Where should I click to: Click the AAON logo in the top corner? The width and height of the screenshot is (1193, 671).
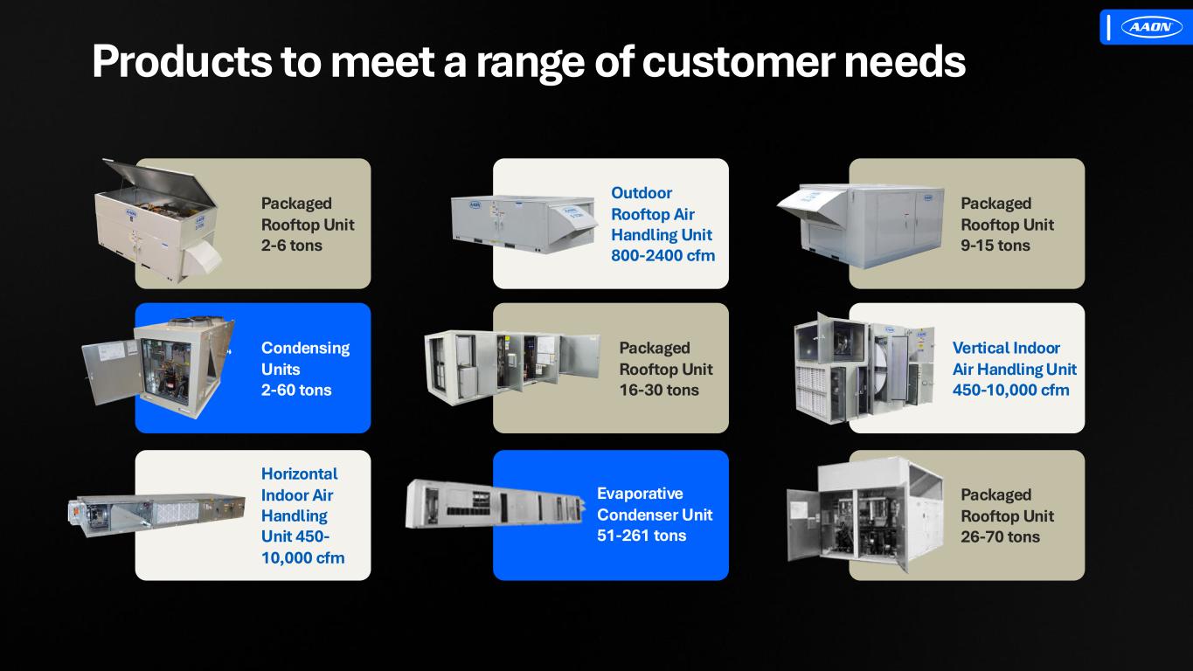[x=1151, y=27]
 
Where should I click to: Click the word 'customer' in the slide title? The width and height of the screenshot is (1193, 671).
[x=739, y=62]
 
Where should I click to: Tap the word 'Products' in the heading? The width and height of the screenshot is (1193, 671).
[x=182, y=62]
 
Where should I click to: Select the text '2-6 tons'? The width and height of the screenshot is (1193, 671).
[x=291, y=246]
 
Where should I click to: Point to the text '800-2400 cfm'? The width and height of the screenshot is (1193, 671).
[x=662, y=256]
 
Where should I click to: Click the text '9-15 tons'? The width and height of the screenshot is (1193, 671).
[x=995, y=246]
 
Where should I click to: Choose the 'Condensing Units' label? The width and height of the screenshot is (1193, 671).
[x=305, y=358]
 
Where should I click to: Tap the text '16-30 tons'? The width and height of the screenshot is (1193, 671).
[x=659, y=390]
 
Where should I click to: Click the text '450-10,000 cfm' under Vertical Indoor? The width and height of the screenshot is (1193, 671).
[x=1010, y=390]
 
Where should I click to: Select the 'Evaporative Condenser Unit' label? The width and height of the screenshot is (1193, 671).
[x=655, y=504]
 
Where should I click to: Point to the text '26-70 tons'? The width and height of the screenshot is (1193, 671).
[x=1000, y=536]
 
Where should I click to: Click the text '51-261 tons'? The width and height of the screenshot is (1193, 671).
[x=642, y=536]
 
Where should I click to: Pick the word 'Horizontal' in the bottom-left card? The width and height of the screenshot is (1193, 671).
[x=299, y=474]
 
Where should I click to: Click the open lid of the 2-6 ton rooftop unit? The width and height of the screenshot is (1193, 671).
[x=160, y=183]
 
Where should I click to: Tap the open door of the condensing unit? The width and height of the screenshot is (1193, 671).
[x=110, y=371]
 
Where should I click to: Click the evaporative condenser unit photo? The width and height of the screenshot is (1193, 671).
[x=496, y=503]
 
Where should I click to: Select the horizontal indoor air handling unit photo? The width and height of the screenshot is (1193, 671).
[x=156, y=512]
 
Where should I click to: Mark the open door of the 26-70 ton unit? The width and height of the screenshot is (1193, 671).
[x=803, y=524]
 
